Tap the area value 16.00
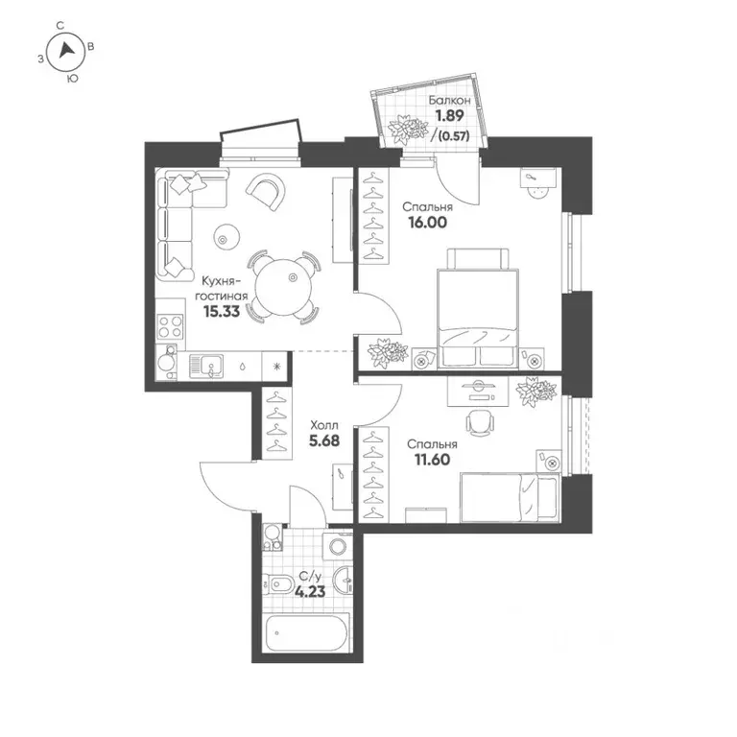(427, 223)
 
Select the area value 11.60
(432, 460)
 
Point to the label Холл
(324, 425)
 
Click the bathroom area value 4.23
(310, 591)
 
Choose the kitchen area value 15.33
(222, 311)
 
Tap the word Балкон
(450, 100)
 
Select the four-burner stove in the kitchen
(170, 326)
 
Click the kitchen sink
(207, 366)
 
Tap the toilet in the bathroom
(279, 584)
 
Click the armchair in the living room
(266, 192)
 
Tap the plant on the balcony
(408, 129)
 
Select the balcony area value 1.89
(449, 115)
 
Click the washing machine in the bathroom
(338, 546)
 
